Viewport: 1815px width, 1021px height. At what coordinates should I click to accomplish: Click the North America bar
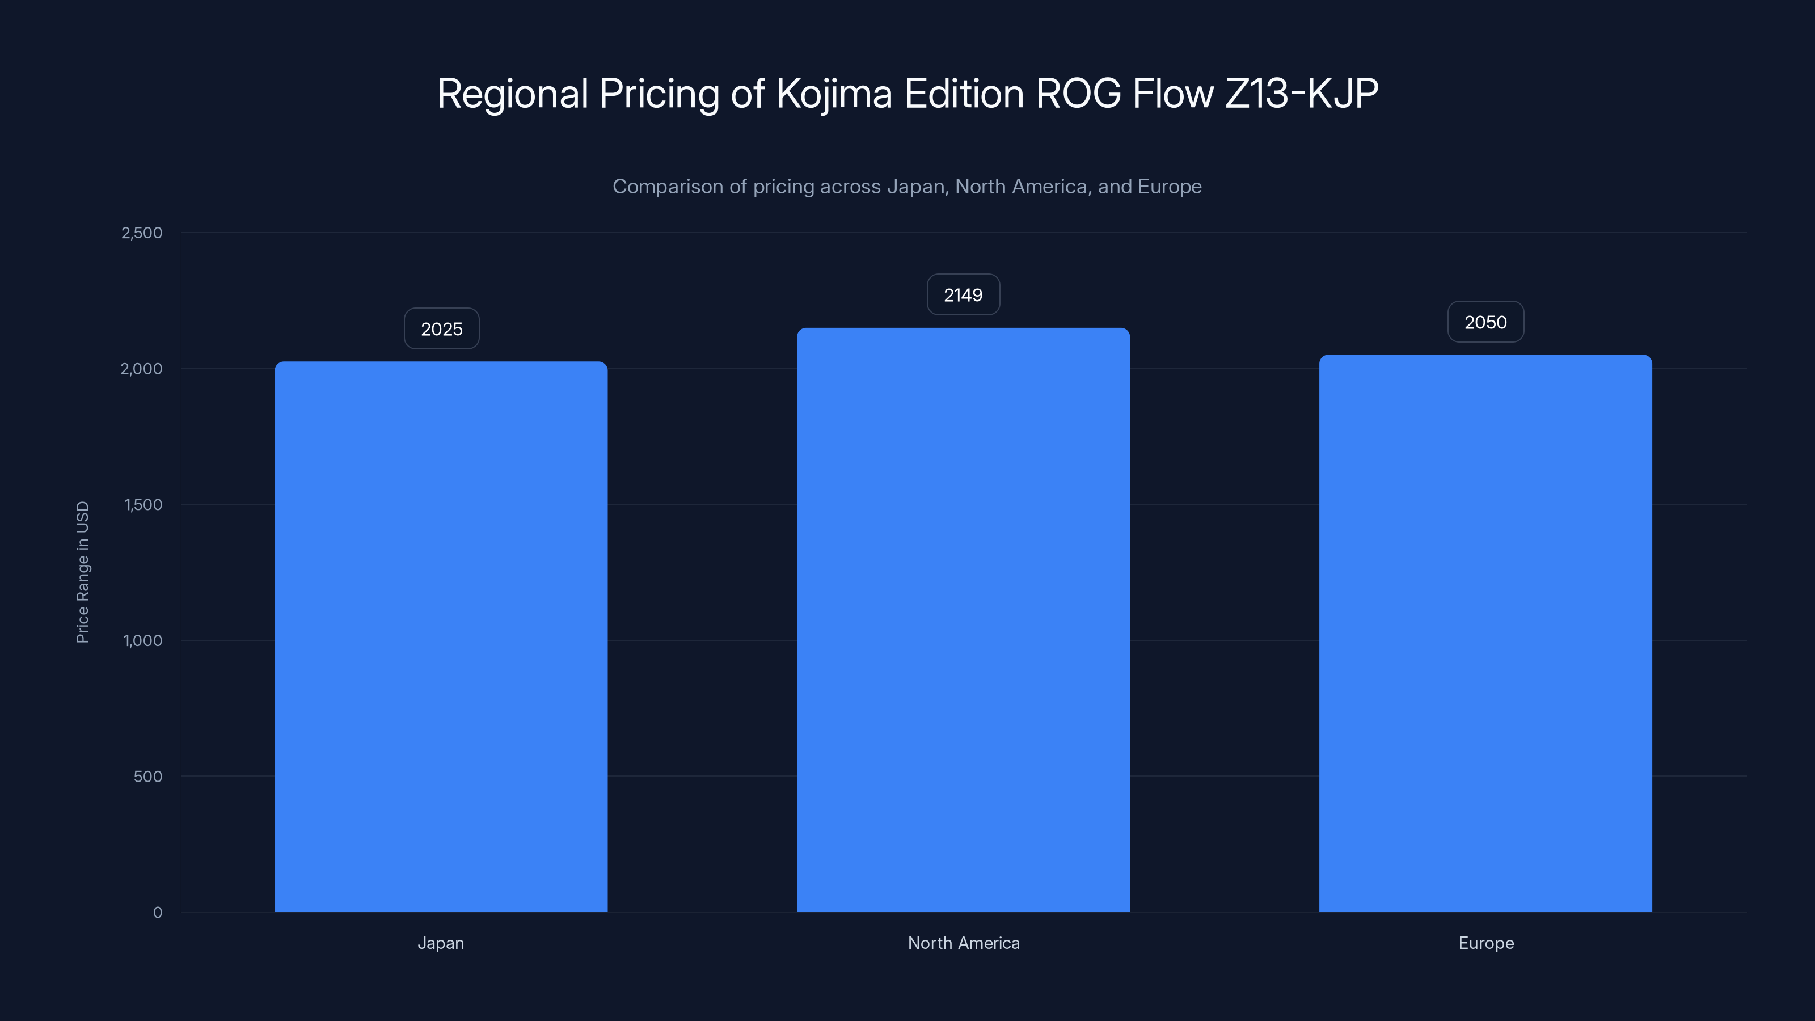[963, 619]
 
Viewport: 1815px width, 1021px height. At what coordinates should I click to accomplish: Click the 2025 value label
[442, 329]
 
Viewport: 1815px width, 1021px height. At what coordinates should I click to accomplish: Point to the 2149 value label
[963, 295]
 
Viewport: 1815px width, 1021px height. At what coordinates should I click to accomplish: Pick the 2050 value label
[1485, 323]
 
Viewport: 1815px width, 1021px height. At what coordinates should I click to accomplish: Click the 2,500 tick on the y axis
[142, 233]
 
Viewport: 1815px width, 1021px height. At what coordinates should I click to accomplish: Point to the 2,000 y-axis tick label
[142, 369]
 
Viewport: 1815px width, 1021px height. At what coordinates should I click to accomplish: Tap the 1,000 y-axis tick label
[143, 641]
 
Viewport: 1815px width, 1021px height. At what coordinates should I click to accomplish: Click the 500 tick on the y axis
[148, 777]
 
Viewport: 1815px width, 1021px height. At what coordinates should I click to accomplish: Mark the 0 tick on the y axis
[157, 913]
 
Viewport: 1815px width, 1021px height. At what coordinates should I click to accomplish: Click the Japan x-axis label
[441, 943]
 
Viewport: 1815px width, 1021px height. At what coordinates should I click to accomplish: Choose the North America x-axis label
[963, 943]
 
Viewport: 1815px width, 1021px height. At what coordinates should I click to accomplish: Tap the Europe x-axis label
[1485, 943]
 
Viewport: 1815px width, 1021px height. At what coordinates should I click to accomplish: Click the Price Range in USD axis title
[82, 572]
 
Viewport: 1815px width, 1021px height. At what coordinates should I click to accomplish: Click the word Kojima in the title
[834, 94]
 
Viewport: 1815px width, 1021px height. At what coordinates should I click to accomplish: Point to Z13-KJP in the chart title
[1301, 93]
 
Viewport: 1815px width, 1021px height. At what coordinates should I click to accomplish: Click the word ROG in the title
[1078, 93]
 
